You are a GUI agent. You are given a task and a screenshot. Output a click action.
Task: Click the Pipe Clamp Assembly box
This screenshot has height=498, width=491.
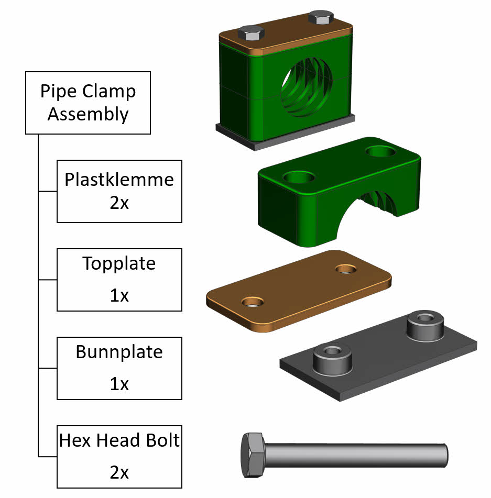pos(88,103)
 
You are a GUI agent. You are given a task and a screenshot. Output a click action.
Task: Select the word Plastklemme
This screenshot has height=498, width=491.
pos(119,180)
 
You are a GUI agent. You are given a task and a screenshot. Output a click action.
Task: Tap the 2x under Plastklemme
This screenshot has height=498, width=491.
pos(119,203)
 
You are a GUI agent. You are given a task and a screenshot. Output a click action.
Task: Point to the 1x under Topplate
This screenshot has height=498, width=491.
pos(119,295)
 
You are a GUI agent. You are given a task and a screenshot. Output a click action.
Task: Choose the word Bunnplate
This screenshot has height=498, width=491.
pos(119,352)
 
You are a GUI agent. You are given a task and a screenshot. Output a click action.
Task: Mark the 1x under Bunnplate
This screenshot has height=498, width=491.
pos(119,384)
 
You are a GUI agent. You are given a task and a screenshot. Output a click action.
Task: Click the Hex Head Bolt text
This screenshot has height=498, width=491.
pos(119,440)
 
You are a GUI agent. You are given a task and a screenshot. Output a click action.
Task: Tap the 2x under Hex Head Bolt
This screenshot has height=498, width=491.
pos(119,472)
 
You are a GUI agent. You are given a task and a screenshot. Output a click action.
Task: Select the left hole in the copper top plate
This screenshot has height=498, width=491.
pos(253,302)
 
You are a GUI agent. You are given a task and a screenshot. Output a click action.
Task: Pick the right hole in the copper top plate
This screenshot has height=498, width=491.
pos(345,269)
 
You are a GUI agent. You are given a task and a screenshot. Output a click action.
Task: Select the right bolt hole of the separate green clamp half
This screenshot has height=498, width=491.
pos(381,152)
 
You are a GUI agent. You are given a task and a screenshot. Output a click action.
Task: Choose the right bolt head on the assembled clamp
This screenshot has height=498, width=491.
pos(320,17)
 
